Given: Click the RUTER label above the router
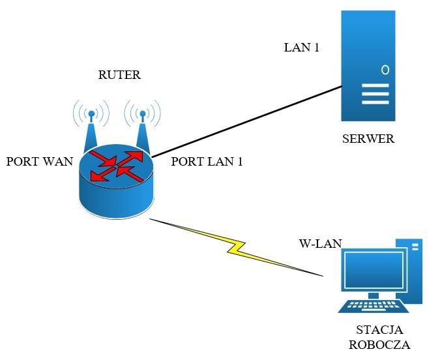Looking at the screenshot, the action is tap(119, 75).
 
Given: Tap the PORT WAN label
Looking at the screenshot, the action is tap(40, 162).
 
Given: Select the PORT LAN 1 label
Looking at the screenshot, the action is tap(207, 162).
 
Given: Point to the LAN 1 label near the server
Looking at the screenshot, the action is tap(302, 47).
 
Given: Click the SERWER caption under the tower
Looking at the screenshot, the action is tap(368, 139).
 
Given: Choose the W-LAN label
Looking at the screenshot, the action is tap(321, 243).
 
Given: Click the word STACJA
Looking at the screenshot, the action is tap(379, 329).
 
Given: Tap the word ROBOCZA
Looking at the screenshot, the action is tap(379, 344).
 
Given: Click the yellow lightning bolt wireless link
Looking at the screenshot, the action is tap(236, 247).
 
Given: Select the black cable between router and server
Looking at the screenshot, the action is tap(246, 121).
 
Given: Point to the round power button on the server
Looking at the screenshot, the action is tap(385, 70).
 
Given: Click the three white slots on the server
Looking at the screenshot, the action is tap(375, 94).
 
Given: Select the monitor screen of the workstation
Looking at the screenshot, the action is tap(374, 270).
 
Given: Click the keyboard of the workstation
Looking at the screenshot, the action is tap(374, 306).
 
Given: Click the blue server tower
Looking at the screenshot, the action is tap(368, 66).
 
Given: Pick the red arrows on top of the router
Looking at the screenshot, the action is tap(117, 166).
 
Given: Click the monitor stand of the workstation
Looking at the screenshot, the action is tap(374, 295).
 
